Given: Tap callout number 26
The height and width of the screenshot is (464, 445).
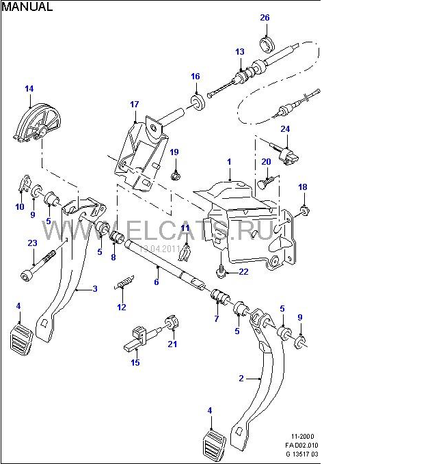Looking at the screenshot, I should click(265, 18).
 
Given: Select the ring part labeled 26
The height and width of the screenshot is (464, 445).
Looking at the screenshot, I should click(267, 46).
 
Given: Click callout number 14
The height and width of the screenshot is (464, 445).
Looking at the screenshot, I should click(29, 88).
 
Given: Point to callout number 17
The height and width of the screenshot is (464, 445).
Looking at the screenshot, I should click(134, 105).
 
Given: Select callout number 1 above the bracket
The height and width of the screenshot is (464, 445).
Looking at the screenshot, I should click(230, 161).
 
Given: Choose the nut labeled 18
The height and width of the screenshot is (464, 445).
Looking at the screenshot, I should click(304, 210).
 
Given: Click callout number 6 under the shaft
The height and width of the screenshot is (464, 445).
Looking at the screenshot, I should click(157, 282).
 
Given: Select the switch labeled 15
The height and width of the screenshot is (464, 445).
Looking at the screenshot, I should click(137, 336).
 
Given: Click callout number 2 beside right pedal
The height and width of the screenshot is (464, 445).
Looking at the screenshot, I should click(241, 378).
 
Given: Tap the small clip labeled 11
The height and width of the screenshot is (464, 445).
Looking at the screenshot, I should click(184, 254).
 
